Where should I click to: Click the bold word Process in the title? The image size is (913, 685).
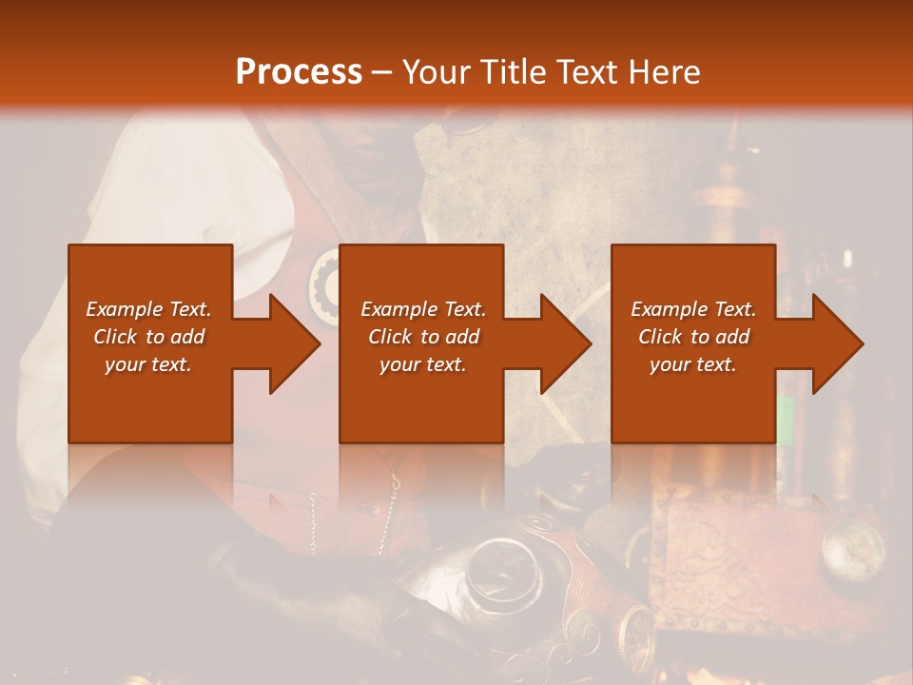point(299,72)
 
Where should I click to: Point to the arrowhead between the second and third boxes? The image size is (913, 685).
point(565,343)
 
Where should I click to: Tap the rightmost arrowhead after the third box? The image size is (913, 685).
point(837,343)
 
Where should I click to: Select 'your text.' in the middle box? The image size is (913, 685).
point(422,364)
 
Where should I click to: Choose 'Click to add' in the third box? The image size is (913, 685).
point(693,337)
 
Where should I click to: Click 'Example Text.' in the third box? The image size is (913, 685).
point(693,309)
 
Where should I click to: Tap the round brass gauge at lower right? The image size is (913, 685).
point(846,548)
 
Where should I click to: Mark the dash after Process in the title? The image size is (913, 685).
point(382,72)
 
